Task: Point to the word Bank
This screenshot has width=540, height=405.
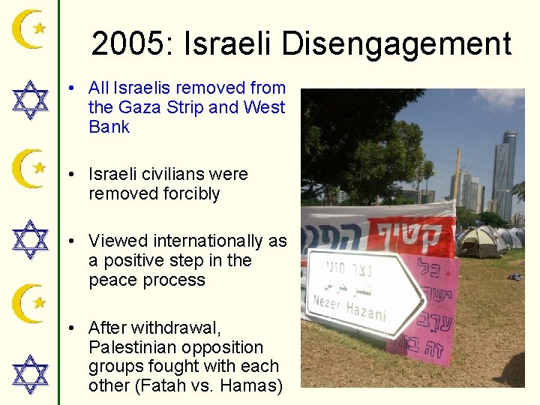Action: pos(109,127)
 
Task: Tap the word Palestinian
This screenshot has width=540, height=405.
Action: pos(135,347)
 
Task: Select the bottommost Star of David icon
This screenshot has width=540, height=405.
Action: pos(30,374)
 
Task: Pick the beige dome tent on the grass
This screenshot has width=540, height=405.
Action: pos(479,241)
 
